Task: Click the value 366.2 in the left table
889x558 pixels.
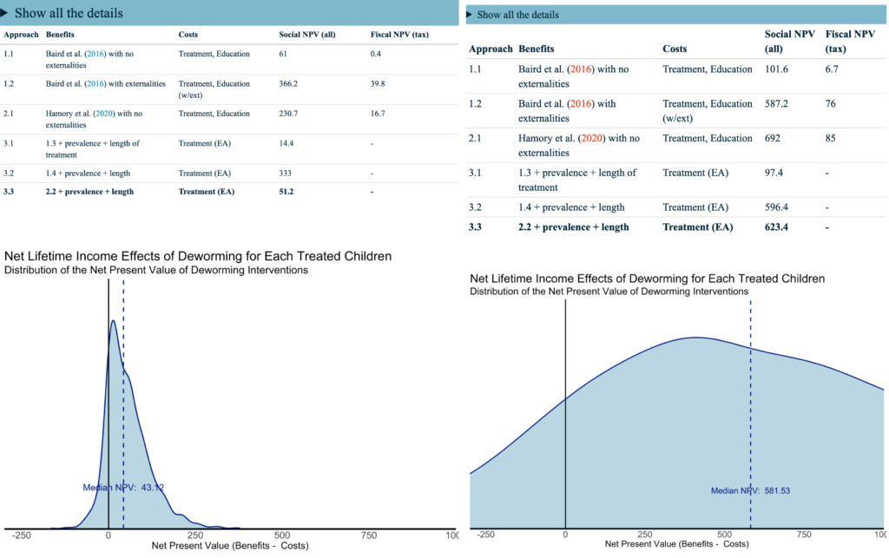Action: point(290,84)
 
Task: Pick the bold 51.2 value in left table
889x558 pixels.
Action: point(287,191)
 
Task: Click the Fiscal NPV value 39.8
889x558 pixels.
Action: point(378,84)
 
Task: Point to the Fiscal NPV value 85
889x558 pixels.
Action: point(831,138)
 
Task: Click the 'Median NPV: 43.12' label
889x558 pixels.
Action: point(123,488)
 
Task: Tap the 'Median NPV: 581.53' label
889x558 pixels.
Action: point(750,490)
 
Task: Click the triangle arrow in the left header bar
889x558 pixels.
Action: point(6,13)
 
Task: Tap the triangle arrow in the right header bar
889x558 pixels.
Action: point(471,15)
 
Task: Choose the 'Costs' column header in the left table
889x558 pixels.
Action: point(188,35)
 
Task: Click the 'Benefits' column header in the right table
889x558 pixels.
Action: point(536,49)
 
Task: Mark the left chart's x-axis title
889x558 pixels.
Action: point(230,546)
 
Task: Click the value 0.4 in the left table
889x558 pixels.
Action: point(376,54)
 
